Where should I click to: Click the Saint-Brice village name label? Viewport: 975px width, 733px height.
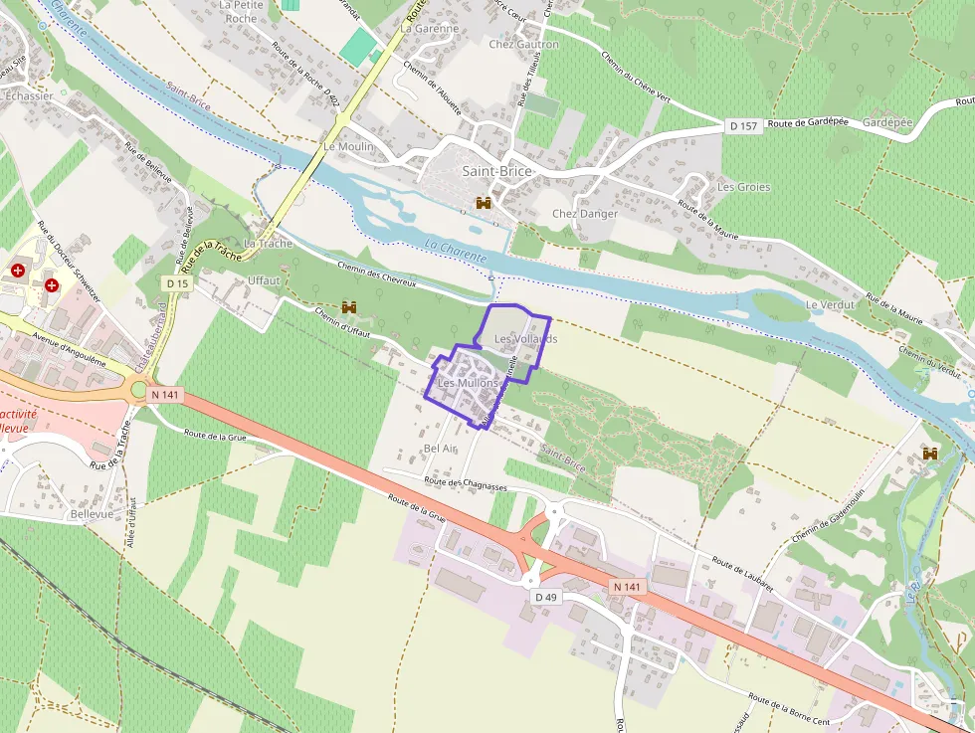(x=496, y=171)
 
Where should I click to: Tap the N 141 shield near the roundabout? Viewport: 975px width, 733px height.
(x=165, y=395)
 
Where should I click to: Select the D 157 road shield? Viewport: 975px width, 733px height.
(x=742, y=126)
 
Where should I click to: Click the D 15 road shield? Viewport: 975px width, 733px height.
(x=177, y=283)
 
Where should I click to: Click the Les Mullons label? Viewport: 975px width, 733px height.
(x=467, y=383)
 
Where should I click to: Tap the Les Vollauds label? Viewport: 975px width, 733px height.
(x=525, y=338)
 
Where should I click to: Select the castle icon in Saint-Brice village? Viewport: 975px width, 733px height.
(x=485, y=203)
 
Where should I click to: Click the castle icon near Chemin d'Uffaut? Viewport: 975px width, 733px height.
(x=349, y=307)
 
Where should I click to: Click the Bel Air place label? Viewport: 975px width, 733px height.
(x=440, y=449)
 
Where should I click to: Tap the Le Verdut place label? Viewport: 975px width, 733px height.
(x=830, y=304)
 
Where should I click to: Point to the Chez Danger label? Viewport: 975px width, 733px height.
(x=585, y=214)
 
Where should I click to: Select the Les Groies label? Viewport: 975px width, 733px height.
(x=743, y=187)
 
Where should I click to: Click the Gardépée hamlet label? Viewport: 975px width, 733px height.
(x=887, y=122)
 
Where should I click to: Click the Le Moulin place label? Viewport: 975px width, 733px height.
(x=348, y=146)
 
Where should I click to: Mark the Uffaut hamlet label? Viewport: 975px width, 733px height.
(x=264, y=280)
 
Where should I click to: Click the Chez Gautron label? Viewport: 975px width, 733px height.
(x=523, y=45)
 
